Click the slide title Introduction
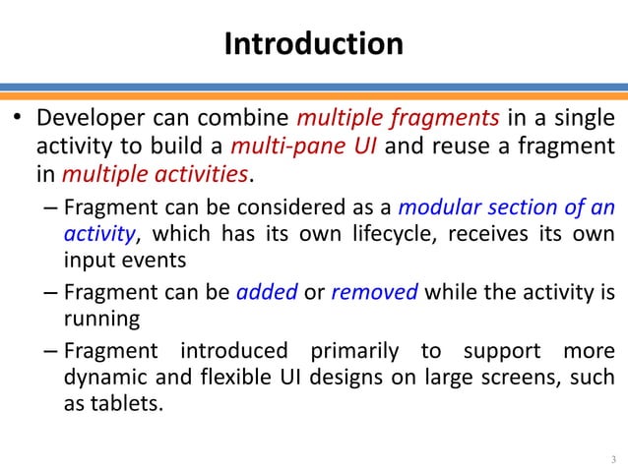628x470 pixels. coord(313,44)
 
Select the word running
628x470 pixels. coord(96,320)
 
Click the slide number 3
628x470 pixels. coord(612,458)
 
